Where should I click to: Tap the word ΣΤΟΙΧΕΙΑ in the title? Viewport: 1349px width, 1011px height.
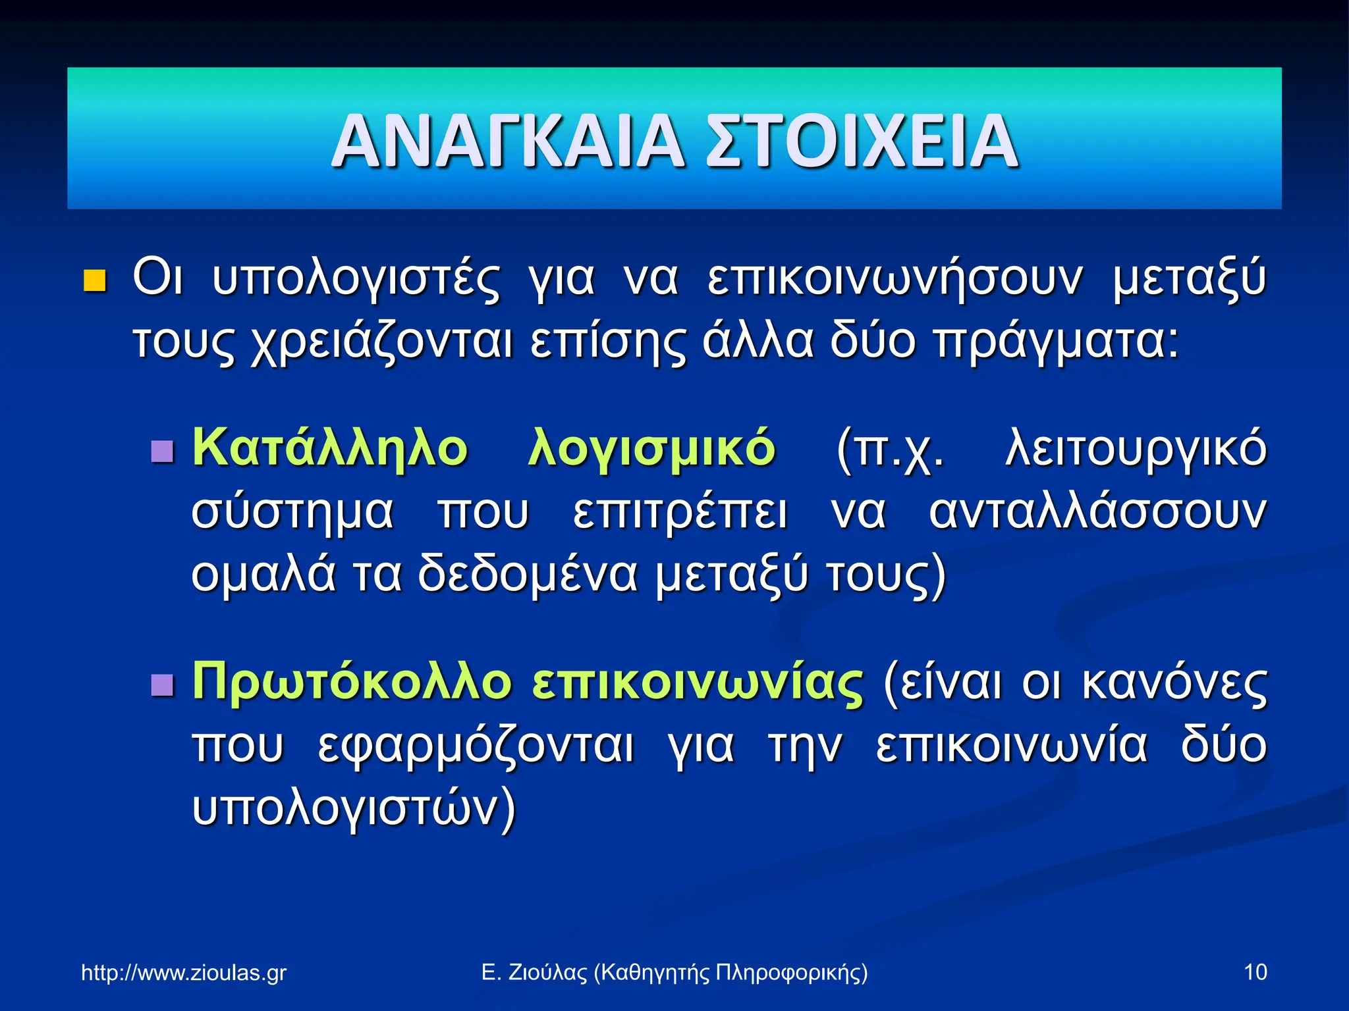click(x=862, y=141)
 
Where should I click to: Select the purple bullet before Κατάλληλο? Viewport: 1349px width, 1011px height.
click(x=162, y=452)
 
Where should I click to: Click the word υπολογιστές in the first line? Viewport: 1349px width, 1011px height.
click(x=356, y=279)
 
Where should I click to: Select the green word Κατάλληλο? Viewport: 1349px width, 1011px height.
click(x=330, y=448)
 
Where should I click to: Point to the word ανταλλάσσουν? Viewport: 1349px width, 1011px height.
click(x=1097, y=512)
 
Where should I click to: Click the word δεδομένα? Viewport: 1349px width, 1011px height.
click(x=528, y=574)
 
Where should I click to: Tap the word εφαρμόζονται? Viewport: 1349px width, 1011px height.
click(x=476, y=746)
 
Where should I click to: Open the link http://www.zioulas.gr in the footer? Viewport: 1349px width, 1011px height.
click(x=184, y=972)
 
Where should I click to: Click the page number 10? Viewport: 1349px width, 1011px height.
click(x=1255, y=972)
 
